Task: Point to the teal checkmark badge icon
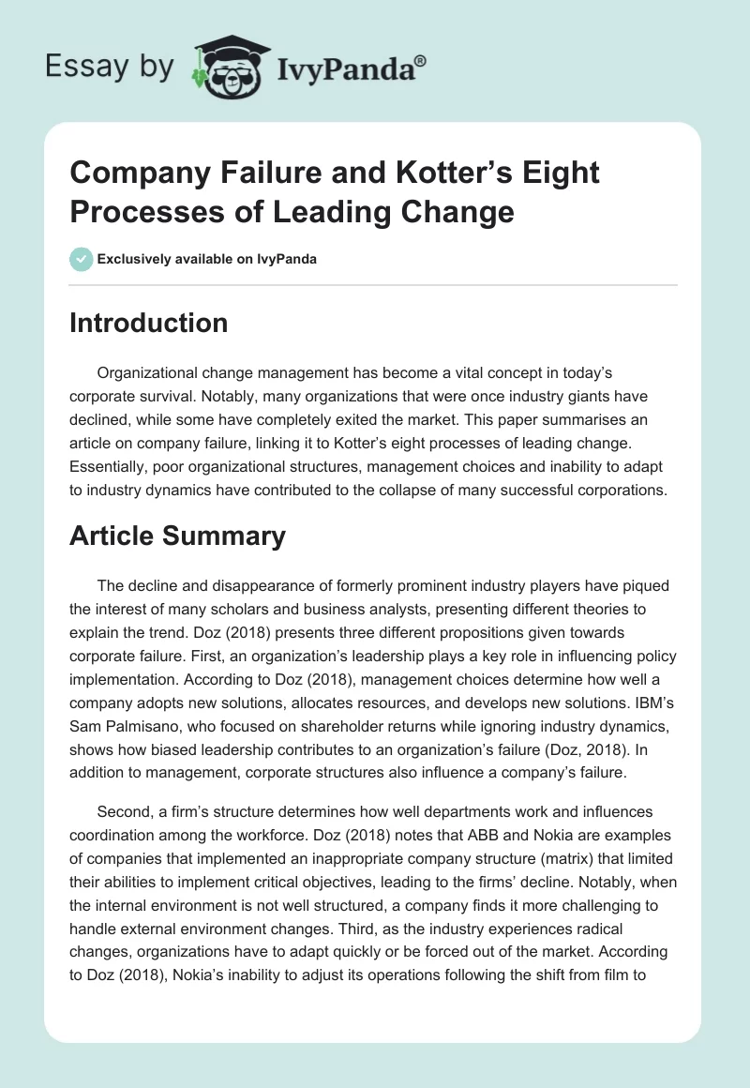point(82,259)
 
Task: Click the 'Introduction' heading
point(149,323)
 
